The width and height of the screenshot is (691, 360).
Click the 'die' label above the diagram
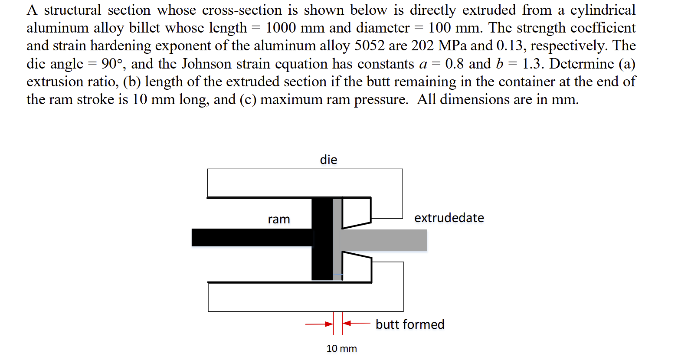[328, 160]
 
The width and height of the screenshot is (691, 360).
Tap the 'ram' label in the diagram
[278, 219]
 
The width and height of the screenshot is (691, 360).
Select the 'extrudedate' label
[449, 218]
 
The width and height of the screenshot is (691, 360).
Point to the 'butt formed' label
[410, 324]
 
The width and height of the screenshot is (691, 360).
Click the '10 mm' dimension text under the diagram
[341, 348]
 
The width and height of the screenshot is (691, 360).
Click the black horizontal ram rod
[252, 238]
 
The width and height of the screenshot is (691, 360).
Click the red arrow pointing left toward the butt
[357, 323]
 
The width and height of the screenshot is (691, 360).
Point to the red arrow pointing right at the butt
[319, 324]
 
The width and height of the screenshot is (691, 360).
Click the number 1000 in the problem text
[281, 28]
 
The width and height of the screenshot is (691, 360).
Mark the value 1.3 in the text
[533, 64]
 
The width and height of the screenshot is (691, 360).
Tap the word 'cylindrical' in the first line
[603, 10]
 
